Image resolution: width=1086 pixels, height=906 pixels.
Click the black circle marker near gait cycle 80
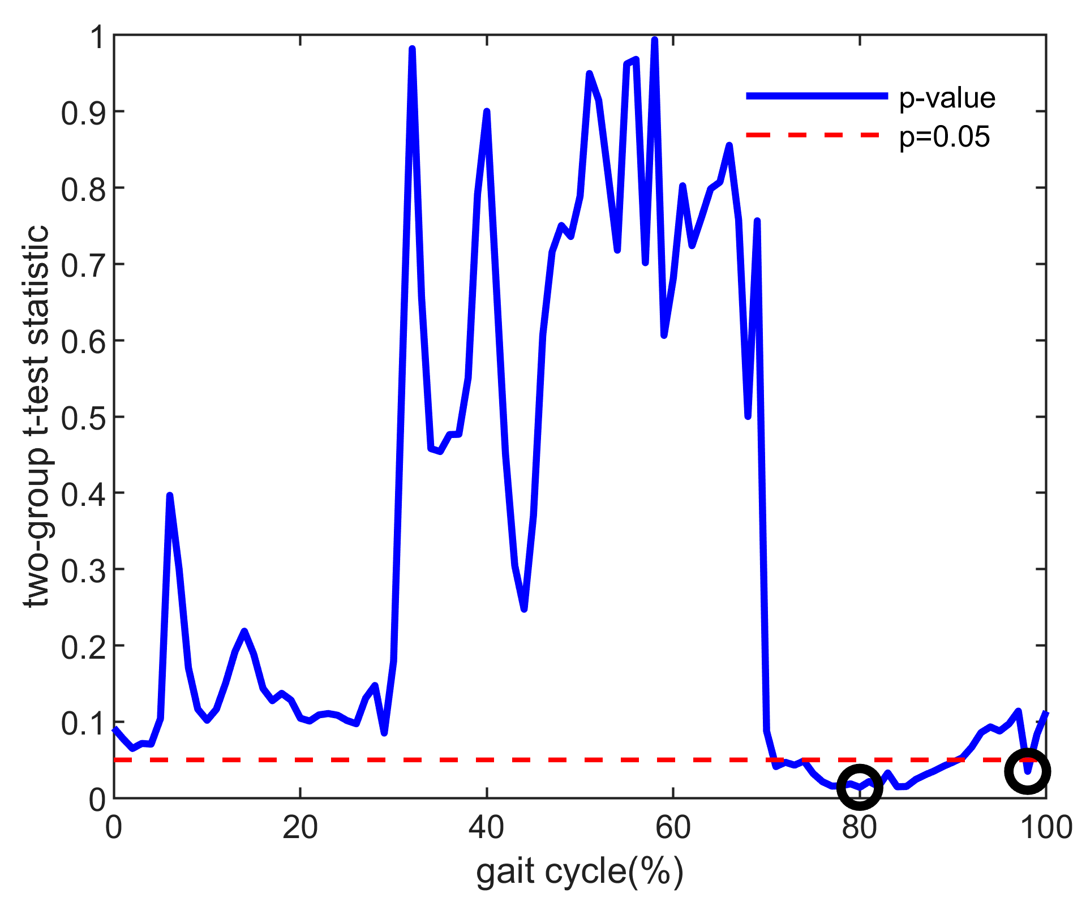[x=859, y=787]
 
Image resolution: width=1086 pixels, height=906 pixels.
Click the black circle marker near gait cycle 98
[x=1027, y=771]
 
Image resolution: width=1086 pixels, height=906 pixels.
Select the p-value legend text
[x=947, y=98]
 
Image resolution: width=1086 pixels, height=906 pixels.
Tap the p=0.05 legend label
[x=945, y=136]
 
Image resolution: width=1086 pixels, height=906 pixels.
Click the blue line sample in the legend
[x=817, y=96]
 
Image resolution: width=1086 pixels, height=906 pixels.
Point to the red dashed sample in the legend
[x=817, y=135]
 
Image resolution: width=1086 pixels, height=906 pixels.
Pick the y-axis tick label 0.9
[x=83, y=113]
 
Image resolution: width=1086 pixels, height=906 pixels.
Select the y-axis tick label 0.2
[x=83, y=647]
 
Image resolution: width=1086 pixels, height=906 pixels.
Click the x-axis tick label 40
[x=486, y=828]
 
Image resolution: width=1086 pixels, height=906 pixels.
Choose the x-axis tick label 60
[x=673, y=828]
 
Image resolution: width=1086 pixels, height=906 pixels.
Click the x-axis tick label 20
[x=300, y=828]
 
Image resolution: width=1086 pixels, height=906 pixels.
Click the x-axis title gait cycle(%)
[x=580, y=871]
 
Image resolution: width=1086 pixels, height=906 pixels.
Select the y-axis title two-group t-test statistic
[x=37, y=416]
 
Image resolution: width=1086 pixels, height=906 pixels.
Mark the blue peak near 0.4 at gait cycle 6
[x=169, y=496]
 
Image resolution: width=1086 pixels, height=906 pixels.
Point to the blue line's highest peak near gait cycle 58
[x=655, y=40]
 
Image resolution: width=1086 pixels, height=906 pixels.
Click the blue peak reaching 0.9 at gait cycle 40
[x=486, y=112]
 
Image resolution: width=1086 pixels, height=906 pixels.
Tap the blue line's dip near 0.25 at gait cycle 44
[x=524, y=609]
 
